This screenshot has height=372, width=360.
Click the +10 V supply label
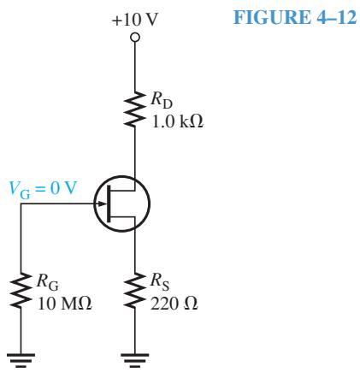[134, 20]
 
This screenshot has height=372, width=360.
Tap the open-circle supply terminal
[135, 38]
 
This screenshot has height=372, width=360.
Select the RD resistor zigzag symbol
[135, 109]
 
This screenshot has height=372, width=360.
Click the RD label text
[162, 100]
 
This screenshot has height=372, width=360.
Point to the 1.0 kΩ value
[178, 122]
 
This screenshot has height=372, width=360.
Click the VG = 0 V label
[44, 189]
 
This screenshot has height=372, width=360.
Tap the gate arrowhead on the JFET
[101, 204]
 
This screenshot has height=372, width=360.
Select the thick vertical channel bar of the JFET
[109, 204]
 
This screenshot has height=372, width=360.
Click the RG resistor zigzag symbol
[21, 290]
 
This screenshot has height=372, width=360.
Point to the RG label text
[48, 282]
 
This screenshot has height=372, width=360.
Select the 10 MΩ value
[65, 304]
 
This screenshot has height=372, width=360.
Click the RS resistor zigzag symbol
[135, 290]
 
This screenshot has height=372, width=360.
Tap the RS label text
[160, 282]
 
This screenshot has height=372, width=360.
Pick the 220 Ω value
[174, 304]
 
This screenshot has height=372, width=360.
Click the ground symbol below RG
[21, 360]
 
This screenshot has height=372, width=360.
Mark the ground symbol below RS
[135, 360]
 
